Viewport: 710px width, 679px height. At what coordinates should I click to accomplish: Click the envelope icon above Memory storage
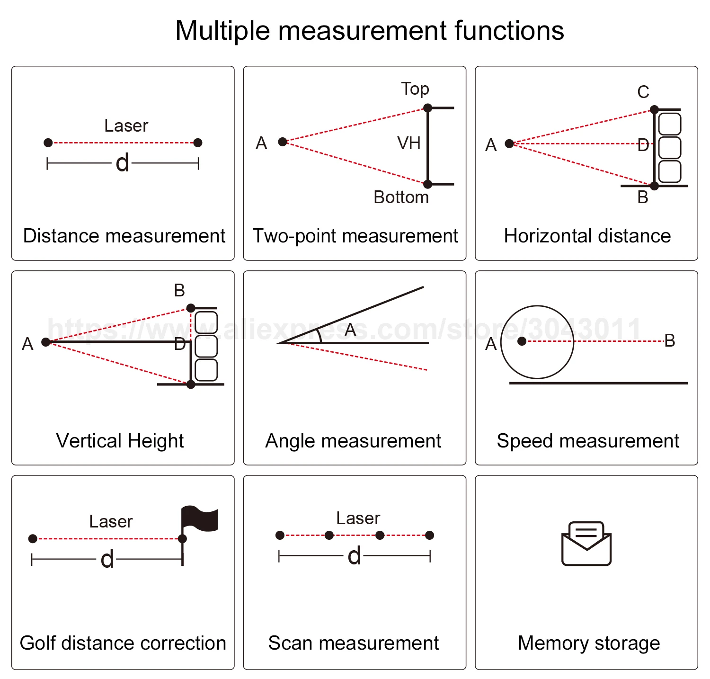pyautogui.click(x=586, y=544)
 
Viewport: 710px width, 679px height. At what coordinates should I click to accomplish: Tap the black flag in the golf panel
pyautogui.click(x=199, y=519)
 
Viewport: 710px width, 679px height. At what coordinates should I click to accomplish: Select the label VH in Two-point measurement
pyautogui.click(x=409, y=143)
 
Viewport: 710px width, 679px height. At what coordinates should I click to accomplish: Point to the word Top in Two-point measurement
pyautogui.click(x=415, y=89)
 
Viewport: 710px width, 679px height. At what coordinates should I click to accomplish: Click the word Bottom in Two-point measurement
pyautogui.click(x=401, y=197)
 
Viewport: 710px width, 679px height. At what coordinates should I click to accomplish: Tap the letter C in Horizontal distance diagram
pyautogui.click(x=643, y=92)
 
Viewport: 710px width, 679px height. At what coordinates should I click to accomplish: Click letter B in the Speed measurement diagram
pyautogui.click(x=669, y=340)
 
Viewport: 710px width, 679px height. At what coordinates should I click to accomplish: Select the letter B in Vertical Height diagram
pyautogui.click(x=179, y=290)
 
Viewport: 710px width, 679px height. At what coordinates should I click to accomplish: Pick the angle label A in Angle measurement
pyautogui.click(x=350, y=329)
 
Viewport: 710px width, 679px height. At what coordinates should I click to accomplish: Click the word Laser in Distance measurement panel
pyautogui.click(x=126, y=126)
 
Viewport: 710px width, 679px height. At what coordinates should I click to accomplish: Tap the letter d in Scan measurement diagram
pyautogui.click(x=354, y=556)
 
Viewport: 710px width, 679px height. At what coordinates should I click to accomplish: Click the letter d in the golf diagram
pyautogui.click(x=107, y=559)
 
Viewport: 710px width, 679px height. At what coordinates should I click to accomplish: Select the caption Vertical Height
pyautogui.click(x=120, y=441)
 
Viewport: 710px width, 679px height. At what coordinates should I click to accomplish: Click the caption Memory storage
pyautogui.click(x=588, y=643)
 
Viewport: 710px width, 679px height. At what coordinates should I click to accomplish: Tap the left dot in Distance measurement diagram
pyautogui.click(x=48, y=143)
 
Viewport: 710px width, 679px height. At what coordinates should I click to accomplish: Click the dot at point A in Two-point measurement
pyautogui.click(x=283, y=142)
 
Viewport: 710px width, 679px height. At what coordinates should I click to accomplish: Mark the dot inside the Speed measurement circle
pyautogui.click(x=522, y=341)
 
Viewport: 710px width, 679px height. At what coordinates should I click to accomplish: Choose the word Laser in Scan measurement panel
pyautogui.click(x=358, y=518)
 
